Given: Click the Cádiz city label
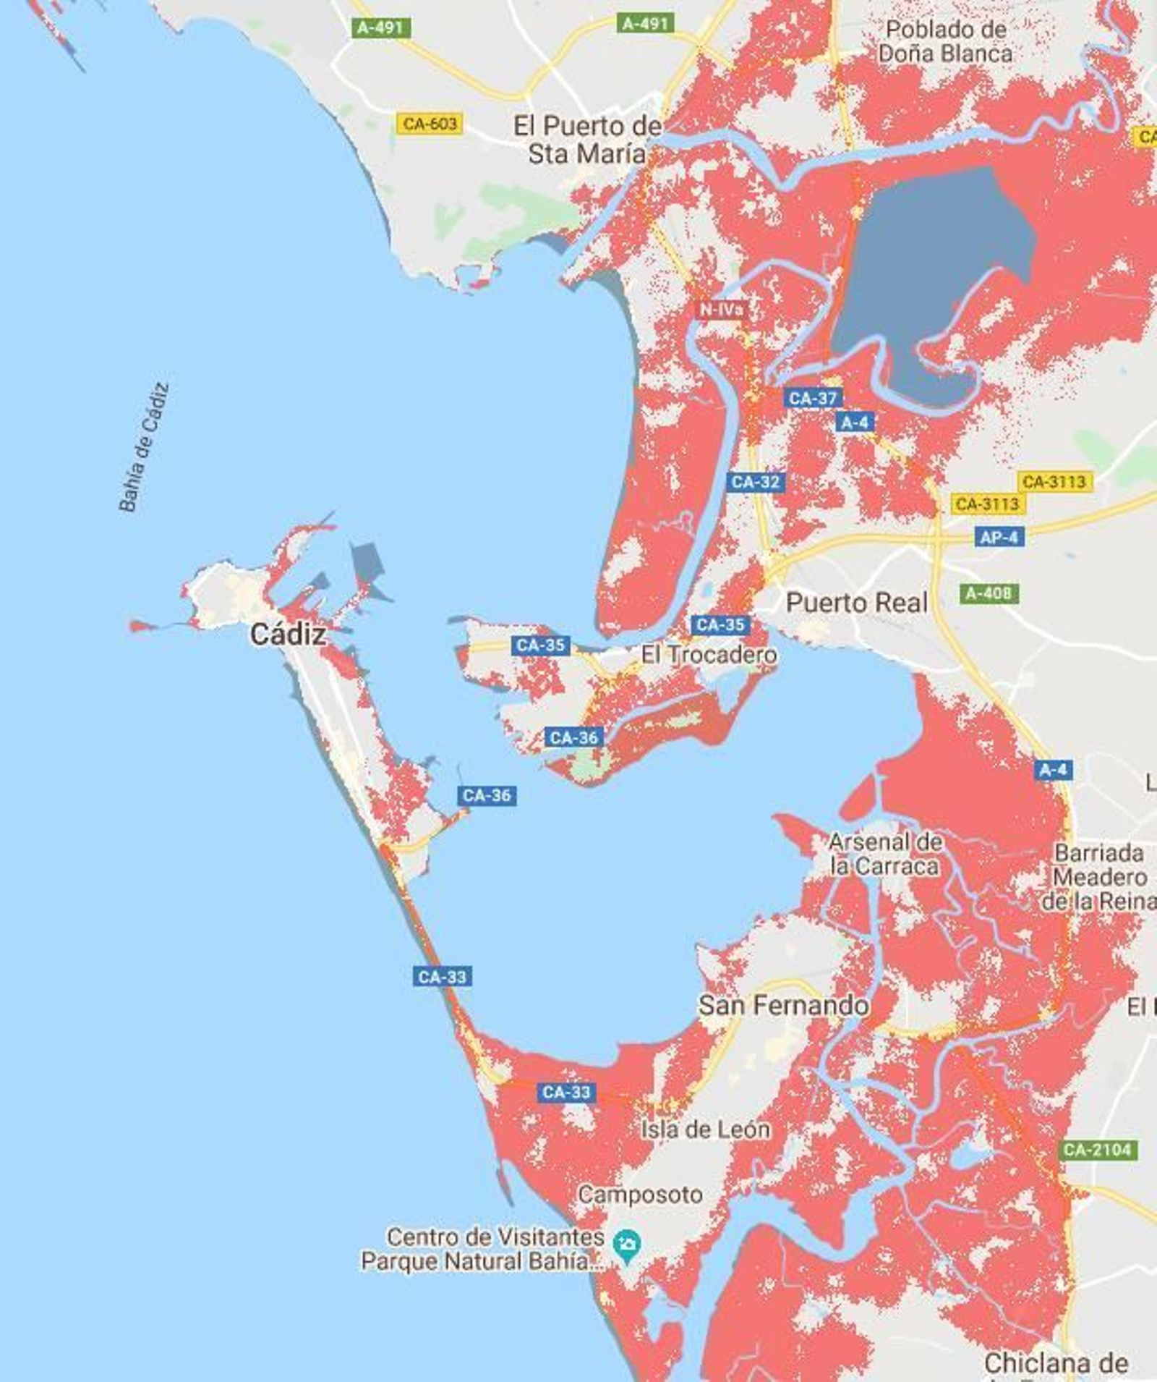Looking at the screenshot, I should coord(288,635).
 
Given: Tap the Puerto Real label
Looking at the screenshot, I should coord(856,602).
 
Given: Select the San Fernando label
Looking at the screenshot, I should coord(783,1005).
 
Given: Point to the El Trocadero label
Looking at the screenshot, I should coord(709,655).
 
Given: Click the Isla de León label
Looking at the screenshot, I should coord(705,1129).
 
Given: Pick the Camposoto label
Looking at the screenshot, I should coord(640,1195).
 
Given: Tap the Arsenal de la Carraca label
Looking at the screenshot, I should coord(884,854).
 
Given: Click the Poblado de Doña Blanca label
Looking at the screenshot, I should coord(946,41).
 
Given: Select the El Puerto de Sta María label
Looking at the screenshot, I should coord(587,139).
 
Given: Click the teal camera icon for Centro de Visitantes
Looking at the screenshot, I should coord(626,1245).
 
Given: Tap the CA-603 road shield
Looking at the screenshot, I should coord(430,124).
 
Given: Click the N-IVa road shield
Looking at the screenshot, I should coord(721,310).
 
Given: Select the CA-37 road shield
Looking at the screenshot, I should coord(813,398).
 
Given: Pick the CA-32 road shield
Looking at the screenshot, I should coord(756,482).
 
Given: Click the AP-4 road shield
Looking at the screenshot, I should coord(999,537).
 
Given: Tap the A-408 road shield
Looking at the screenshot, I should coord(989,593).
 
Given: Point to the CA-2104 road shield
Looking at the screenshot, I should coord(1097,1150).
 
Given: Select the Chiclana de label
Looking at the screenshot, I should coord(1056,1363).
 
